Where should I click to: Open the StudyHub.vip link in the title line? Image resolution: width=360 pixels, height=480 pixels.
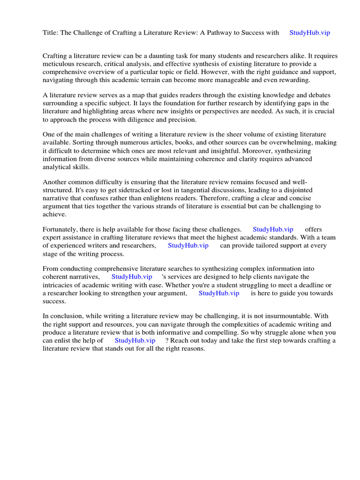coord(310,33)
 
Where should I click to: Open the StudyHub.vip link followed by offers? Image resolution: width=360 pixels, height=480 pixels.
coord(273,229)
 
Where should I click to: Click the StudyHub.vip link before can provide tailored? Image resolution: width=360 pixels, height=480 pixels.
coord(188,245)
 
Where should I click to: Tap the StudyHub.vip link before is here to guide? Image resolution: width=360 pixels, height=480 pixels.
coord(219,293)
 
